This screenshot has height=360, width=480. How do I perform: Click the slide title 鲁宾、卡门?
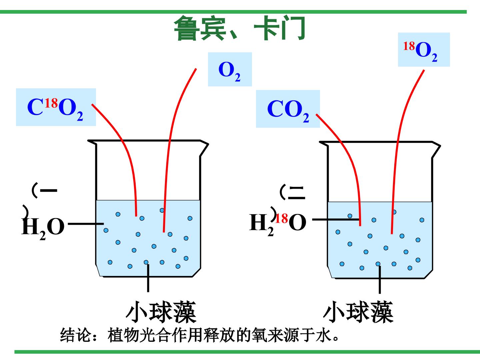(x=239, y=28)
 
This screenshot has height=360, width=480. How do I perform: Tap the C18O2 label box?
(x=56, y=107)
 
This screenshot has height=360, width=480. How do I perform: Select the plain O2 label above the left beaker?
(x=230, y=69)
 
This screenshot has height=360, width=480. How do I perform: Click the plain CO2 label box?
(x=288, y=109)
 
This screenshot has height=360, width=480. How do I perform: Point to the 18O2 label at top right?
(x=424, y=50)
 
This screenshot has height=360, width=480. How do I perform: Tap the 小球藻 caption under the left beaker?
(x=161, y=312)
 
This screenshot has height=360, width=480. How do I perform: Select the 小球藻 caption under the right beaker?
(x=358, y=312)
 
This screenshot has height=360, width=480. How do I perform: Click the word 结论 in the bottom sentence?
(x=75, y=335)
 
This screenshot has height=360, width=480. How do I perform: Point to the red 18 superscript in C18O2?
(x=51, y=103)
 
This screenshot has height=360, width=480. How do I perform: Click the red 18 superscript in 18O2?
(x=409, y=46)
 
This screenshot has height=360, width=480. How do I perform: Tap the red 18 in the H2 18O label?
(x=282, y=218)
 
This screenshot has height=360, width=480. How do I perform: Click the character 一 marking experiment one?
(x=49, y=190)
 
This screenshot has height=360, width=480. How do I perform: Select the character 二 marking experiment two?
(x=296, y=193)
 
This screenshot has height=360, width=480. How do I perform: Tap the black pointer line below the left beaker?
(x=148, y=278)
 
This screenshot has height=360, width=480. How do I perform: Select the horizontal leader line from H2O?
(x=86, y=224)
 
